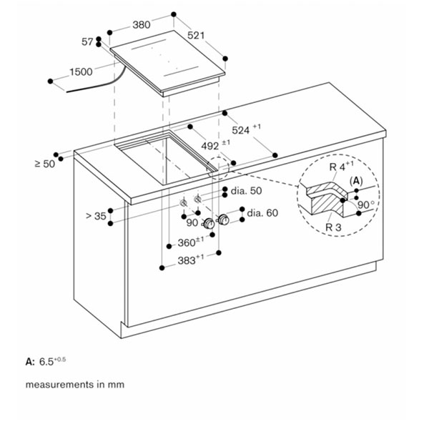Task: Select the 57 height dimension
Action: point(88,42)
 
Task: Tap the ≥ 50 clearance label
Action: point(44,164)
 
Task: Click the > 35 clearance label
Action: point(95,214)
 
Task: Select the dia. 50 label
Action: point(245,191)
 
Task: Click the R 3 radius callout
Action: point(333,227)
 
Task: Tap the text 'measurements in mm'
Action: point(75,385)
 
